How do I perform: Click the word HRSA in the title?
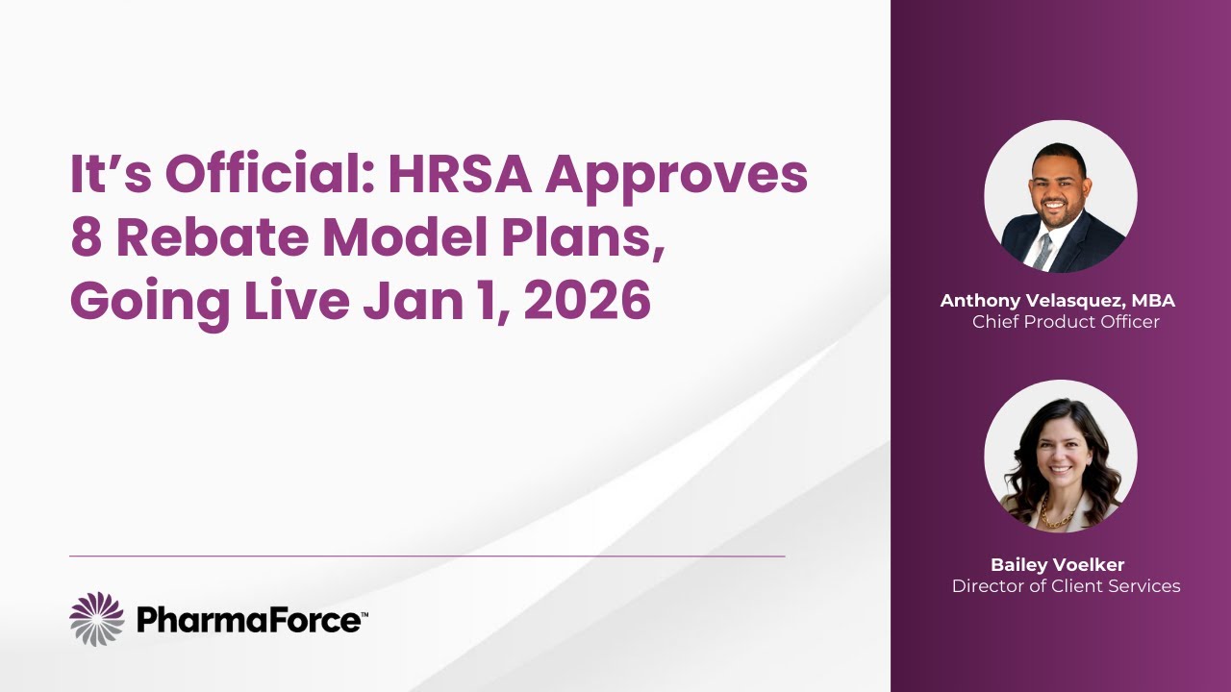(459, 174)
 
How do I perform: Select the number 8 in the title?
(86, 237)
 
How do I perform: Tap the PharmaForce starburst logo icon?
(97, 619)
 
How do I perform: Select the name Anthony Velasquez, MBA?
(1058, 301)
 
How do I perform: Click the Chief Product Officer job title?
(1066, 322)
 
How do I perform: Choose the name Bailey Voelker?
(1057, 564)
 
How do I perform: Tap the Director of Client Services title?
(1066, 585)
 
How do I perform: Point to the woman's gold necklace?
(1057, 520)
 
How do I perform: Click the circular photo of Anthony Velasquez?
(1060, 196)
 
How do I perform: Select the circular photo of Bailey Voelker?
(1060, 457)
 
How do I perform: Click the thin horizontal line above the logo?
(427, 556)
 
